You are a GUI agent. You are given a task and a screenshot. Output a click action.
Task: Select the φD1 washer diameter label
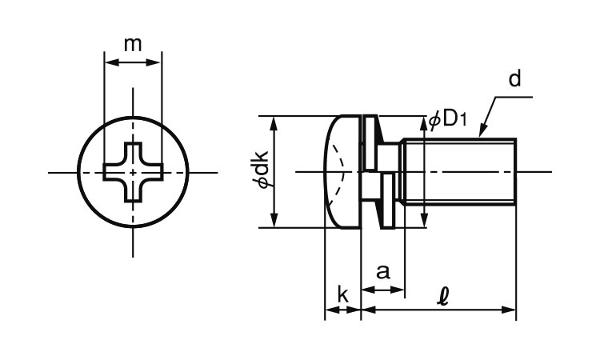point(447,119)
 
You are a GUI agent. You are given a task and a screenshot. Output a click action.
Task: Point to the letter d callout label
point(514,78)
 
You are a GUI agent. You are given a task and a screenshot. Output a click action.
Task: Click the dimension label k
point(342,295)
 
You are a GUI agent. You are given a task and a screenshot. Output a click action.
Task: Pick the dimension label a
point(383,271)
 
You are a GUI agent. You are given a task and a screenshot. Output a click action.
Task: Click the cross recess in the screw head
point(133,172)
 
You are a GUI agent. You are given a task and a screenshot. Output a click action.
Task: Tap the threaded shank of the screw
point(460,172)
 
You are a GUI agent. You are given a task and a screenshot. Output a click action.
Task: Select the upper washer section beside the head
point(370,142)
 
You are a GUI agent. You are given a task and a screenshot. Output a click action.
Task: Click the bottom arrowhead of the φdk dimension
point(275,222)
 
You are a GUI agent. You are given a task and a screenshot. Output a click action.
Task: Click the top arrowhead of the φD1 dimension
point(423,121)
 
